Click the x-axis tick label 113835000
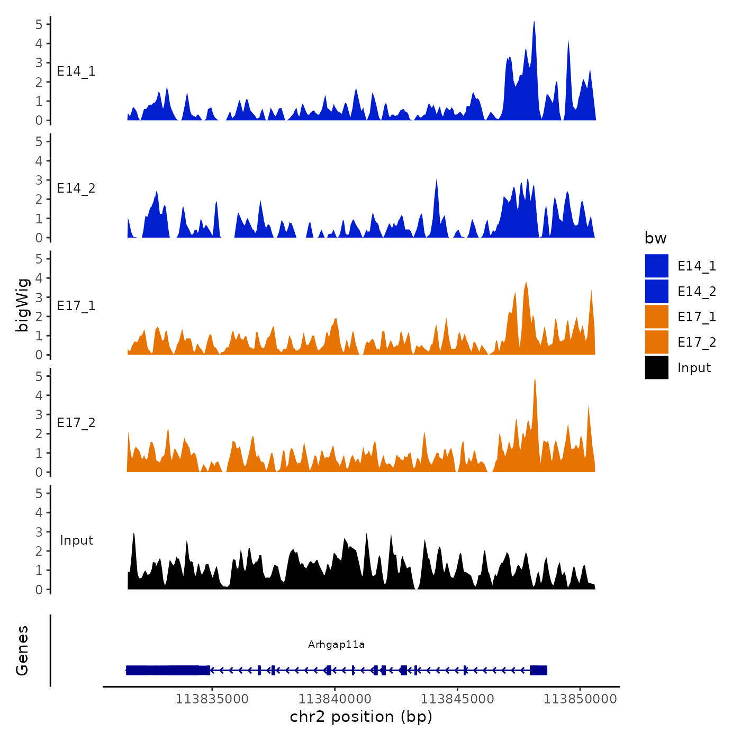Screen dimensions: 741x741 [212, 699]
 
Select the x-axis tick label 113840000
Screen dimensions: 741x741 [335, 699]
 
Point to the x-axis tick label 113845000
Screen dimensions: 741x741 [457, 699]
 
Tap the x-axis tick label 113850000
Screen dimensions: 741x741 [580, 699]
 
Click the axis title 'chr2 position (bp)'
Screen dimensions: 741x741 [361, 717]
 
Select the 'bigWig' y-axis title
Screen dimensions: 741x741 [22, 305]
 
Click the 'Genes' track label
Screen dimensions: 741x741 [22, 650]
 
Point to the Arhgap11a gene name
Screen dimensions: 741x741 [336, 644]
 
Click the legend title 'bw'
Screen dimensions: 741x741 [655, 238]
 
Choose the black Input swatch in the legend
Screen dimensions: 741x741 [656, 367]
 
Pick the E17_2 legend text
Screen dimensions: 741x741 [697, 342]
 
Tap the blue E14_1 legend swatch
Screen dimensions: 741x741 [656, 266]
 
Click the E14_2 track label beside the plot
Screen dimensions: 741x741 [76, 188]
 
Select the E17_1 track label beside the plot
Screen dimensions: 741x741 [76, 306]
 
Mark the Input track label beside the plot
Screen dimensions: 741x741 [76, 540]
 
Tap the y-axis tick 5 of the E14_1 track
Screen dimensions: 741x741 [39, 24]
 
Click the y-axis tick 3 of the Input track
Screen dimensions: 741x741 [39, 532]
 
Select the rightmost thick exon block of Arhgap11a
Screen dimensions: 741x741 [538, 670]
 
